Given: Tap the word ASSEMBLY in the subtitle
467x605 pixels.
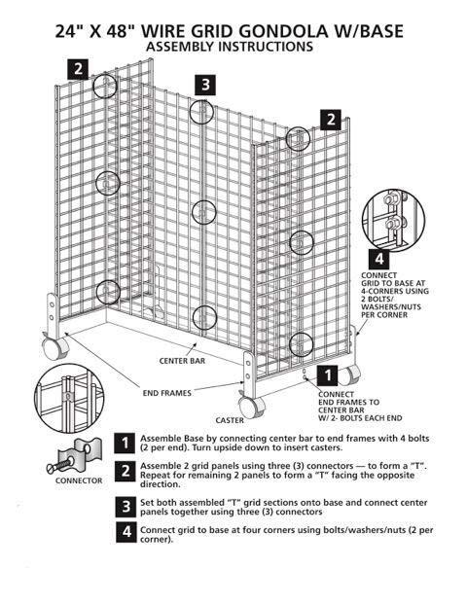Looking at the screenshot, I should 185,47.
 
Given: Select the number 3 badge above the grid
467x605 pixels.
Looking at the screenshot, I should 203,85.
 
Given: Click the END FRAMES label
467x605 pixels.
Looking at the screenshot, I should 168,392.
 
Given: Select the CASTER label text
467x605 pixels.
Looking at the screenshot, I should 230,420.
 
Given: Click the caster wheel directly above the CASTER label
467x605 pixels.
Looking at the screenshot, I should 249,403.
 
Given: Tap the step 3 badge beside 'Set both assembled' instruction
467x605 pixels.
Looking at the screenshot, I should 126,506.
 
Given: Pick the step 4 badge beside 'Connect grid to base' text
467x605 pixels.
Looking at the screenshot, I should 126,532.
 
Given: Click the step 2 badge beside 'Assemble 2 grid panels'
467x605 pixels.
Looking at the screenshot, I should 126,472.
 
